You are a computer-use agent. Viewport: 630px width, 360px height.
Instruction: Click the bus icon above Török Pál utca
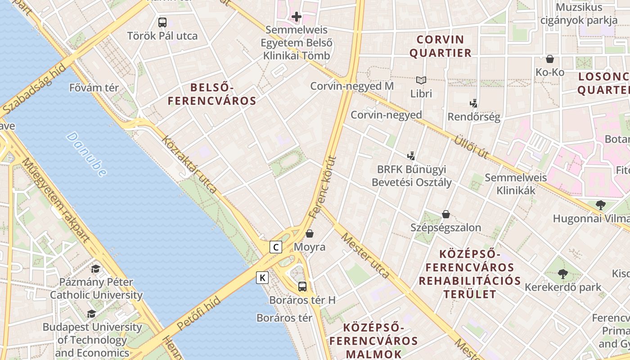tap(162, 22)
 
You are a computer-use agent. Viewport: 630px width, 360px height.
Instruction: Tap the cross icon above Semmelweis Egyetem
tap(296, 17)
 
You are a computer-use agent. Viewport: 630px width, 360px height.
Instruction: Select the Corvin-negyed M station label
tap(352, 86)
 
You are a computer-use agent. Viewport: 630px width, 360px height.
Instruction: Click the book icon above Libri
tap(421, 81)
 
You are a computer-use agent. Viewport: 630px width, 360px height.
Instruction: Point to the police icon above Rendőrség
tap(473, 103)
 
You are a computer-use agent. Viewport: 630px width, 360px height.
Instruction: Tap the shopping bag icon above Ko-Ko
tap(550, 59)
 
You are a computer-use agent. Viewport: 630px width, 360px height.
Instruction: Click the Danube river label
tap(87, 153)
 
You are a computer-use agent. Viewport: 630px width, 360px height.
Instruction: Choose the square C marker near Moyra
tap(276, 247)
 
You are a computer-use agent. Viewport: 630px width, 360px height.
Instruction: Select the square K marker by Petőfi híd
tap(262, 278)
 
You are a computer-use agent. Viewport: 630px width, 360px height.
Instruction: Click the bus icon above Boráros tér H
tap(302, 286)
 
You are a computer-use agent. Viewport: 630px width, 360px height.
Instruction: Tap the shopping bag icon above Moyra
tap(309, 234)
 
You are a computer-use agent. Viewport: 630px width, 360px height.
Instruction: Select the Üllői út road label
tap(471, 146)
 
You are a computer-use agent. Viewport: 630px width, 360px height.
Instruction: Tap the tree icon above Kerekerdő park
tap(562, 274)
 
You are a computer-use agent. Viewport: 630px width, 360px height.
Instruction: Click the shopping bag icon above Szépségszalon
tap(445, 214)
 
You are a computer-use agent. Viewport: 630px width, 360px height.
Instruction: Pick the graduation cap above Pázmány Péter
tap(95, 269)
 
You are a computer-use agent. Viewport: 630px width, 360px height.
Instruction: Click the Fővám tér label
tap(94, 87)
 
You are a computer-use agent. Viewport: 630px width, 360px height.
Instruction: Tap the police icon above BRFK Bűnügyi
tap(411, 156)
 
